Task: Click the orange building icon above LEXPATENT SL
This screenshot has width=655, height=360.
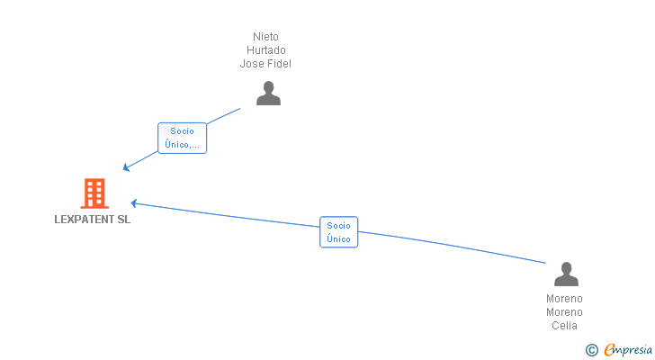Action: [x=94, y=193]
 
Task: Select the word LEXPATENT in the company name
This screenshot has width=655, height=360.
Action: [x=84, y=220]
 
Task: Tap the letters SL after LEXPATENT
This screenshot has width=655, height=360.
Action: [x=123, y=220]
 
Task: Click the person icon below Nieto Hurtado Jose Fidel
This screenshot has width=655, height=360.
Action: [x=268, y=94]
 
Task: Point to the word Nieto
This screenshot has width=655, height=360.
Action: [x=265, y=37]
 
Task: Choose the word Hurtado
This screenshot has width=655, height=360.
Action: [x=265, y=50]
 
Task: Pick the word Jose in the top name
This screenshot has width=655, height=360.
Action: [x=251, y=64]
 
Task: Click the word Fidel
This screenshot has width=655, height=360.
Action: [x=278, y=64]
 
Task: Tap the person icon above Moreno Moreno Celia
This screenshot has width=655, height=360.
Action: [x=566, y=274]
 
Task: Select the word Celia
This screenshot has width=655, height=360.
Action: [x=565, y=326]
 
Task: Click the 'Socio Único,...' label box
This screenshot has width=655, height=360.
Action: [x=182, y=138]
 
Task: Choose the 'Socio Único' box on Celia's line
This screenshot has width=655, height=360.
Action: [x=338, y=232]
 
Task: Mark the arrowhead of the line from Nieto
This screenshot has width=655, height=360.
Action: [x=126, y=168]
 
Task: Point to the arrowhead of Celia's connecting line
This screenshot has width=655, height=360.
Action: [x=133, y=202]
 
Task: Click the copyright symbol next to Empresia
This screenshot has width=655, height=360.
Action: [x=591, y=350]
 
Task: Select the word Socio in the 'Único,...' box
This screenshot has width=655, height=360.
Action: [x=182, y=131]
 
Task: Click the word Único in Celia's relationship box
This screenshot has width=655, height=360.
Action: [x=338, y=238]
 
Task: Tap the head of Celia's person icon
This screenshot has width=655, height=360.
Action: [x=566, y=267]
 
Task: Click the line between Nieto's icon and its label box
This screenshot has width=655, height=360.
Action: [x=224, y=115]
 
